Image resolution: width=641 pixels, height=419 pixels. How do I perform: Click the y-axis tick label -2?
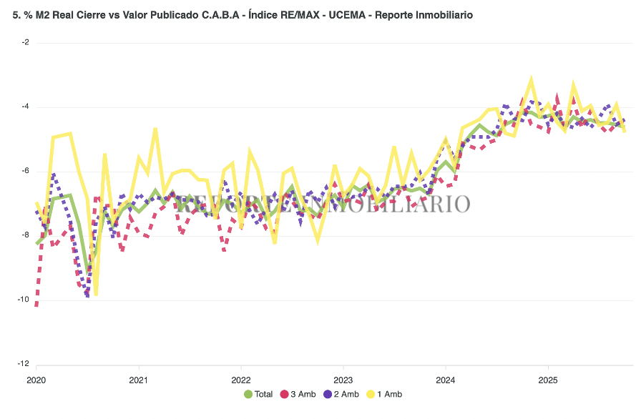(x=25, y=42)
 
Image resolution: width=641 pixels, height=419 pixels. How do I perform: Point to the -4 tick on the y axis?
(x=25, y=107)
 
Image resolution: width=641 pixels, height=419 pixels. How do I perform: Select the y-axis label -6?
(x=25, y=171)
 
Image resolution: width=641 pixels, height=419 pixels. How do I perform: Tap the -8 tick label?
(x=25, y=235)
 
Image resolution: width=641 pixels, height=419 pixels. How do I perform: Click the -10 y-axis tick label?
(x=24, y=300)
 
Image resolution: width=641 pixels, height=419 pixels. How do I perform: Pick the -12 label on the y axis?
(x=24, y=364)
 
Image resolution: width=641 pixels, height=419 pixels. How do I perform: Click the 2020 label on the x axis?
(x=36, y=379)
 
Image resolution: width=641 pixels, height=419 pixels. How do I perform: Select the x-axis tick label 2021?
(x=139, y=379)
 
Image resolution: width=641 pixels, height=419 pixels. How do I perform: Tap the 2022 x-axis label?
(x=241, y=379)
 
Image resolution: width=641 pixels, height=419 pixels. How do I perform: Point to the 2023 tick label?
(x=343, y=379)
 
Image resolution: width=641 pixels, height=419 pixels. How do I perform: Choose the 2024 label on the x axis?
(x=446, y=379)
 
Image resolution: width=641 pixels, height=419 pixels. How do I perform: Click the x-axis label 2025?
(x=548, y=379)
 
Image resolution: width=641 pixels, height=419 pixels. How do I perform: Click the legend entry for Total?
(x=258, y=394)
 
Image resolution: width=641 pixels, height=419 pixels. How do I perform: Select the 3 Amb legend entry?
(x=300, y=394)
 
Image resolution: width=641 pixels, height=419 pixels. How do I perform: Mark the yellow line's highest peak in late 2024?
(x=531, y=79)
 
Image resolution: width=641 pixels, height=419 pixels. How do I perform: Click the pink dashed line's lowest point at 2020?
(x=36, y=305)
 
